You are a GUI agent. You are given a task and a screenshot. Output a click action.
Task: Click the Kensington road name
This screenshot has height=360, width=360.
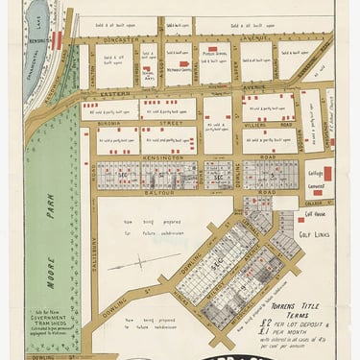144,156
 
